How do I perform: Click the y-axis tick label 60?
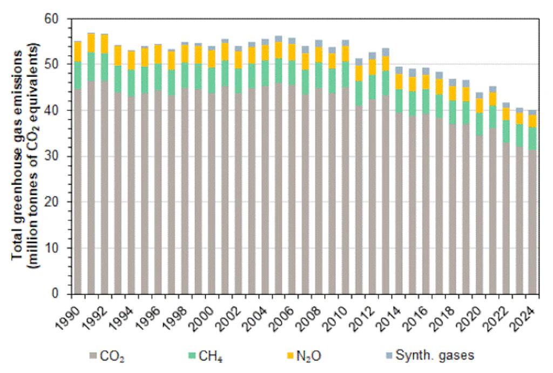tap(56, 19)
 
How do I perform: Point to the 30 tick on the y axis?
tap(56, 157)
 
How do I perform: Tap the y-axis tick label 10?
tap(56, 248)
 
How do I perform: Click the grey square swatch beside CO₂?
tap(93, 356)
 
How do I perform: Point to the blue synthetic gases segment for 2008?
tap(318, 43)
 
